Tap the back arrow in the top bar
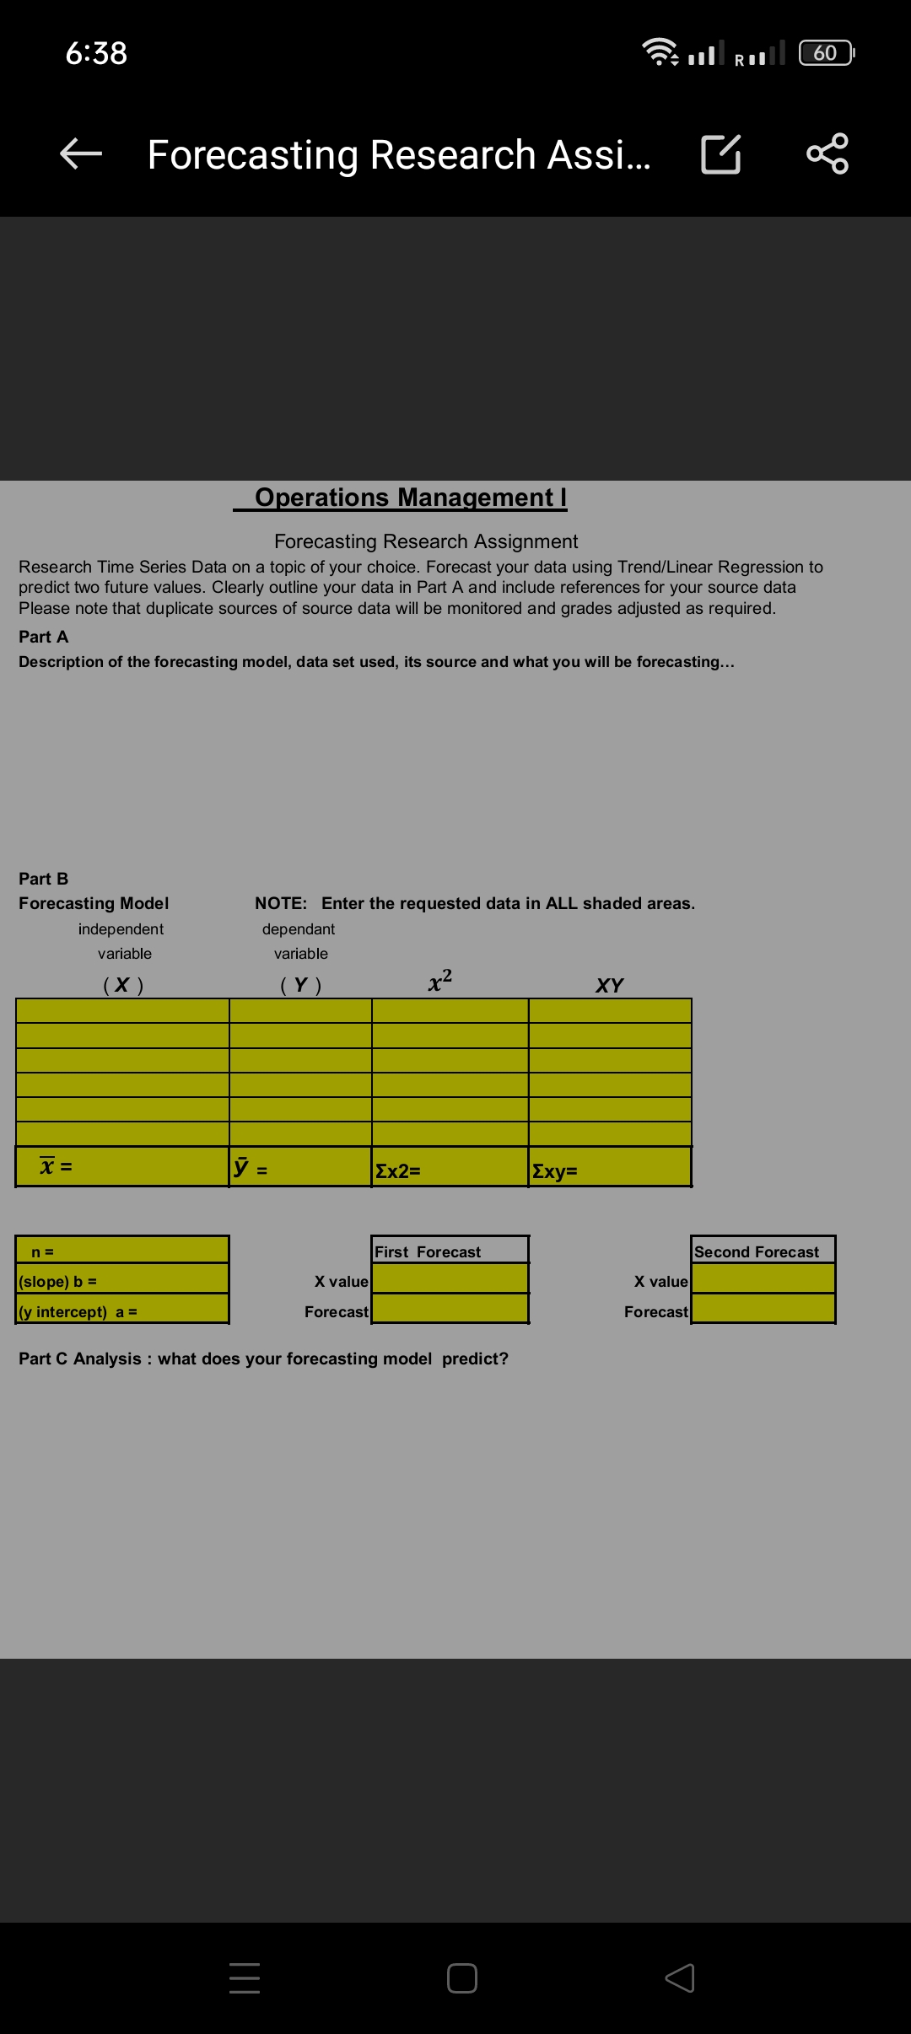point(81,153)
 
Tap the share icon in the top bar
point(827,153)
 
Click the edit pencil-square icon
point(721,153)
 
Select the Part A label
point(44,637)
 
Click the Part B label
point(44,879)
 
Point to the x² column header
point(440,981)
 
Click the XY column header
point(609,985)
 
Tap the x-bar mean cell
point(122,1167)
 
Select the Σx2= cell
point(450,1170)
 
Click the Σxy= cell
point(609,1170)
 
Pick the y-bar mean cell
point(300,1168)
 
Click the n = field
point(122,1251)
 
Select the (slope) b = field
point(122,1281)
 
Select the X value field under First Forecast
point(450,1280)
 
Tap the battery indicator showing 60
point(826,53)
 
